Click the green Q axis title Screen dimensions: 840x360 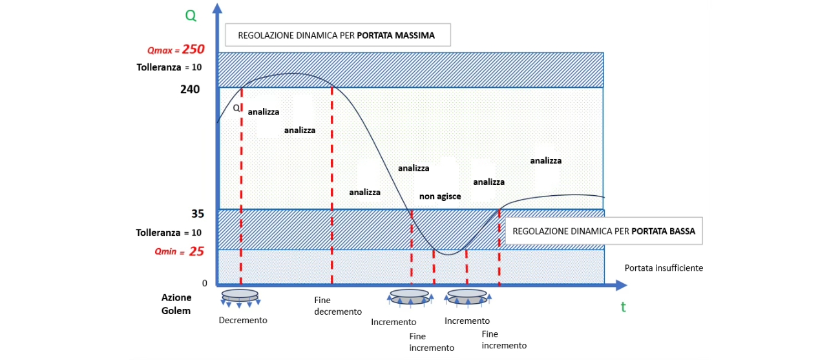[x=191, y=16]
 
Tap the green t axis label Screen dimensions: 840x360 [x=624, y=307]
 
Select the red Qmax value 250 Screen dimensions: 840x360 [x=193, y=49]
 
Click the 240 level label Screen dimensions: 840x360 [x=190, y=89]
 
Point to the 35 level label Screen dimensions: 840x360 [x=198, y=214]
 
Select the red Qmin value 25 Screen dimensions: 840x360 [x=196, y=251]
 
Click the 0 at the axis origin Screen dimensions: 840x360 [x=204, y=283]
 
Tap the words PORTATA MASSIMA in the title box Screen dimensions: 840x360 [x=395, y=36]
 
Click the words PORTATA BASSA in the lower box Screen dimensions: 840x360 [x=663, y=231]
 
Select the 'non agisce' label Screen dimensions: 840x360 [x=440, y=196]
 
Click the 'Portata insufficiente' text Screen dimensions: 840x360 [x=664, y=268]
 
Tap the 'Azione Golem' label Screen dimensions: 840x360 [x=176, y=304]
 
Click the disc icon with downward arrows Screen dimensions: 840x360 [x=240, y=298]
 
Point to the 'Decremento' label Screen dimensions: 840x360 [x=243, y=320]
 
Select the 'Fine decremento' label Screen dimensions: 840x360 [x=338, y=306]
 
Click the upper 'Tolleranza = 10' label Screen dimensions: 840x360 [x=169, y=67]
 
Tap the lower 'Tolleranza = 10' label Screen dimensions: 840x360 [x=169, y=233]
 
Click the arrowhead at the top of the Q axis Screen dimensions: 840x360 [x=217, y=8]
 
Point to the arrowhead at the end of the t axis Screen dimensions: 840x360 [x=622, y=286]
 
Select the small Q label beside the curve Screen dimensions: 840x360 [x=236, y=108]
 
